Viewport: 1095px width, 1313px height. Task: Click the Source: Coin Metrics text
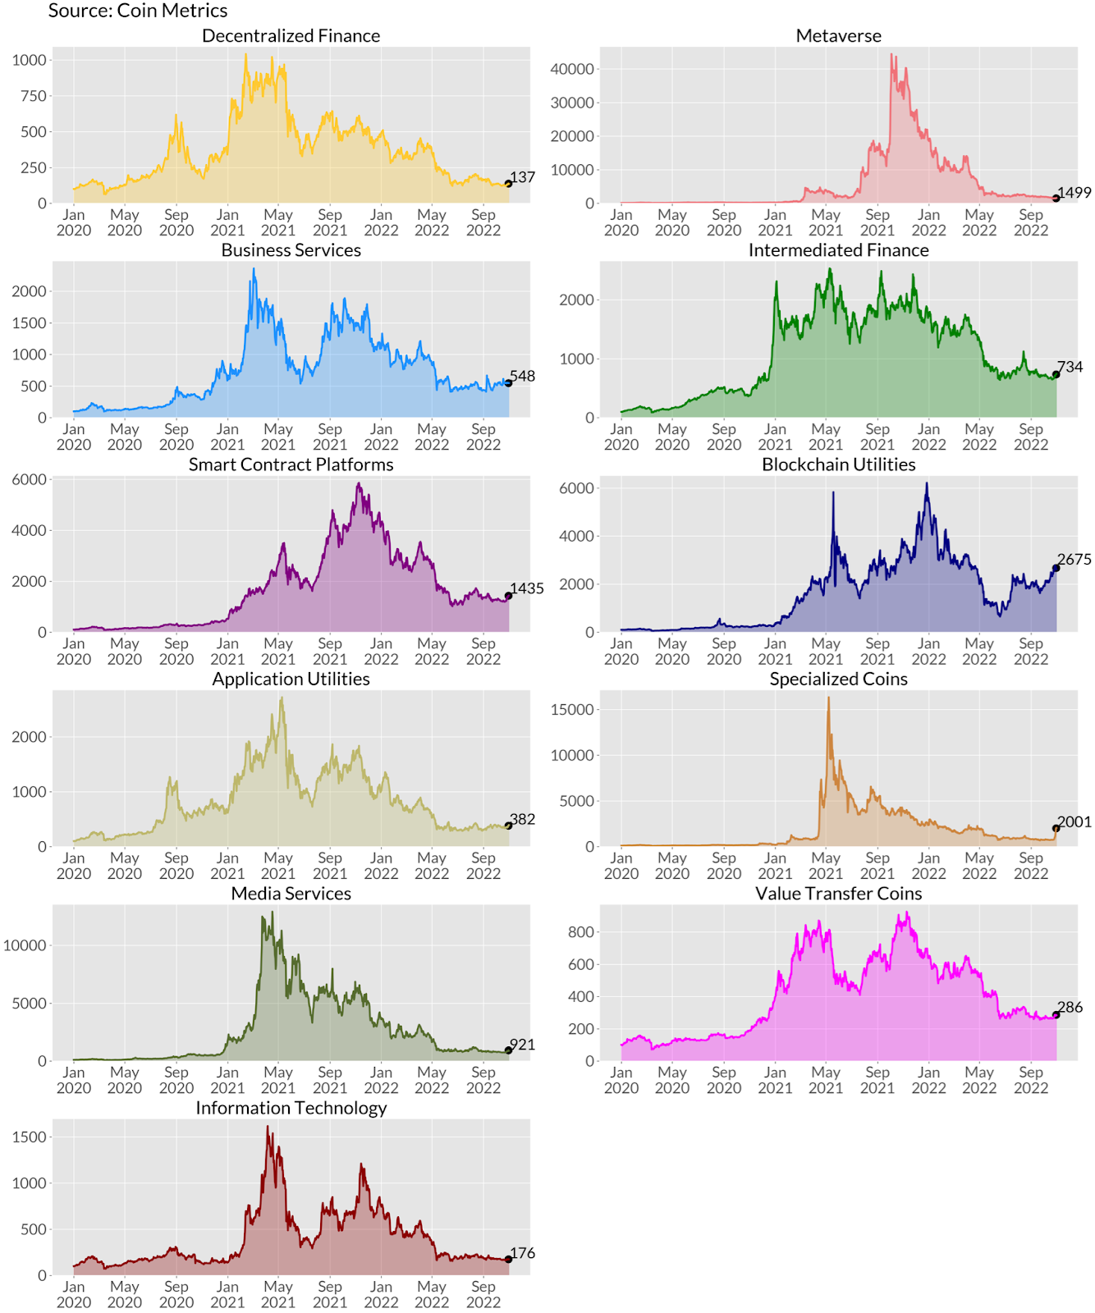coord(138,11)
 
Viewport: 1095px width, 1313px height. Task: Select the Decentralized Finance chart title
coord(291,36)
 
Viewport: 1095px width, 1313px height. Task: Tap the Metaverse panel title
coord(838,36)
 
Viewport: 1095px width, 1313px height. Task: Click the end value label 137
coord(523,177)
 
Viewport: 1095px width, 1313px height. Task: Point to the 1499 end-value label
coord(1074,193)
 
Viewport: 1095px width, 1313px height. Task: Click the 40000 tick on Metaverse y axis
coord(572,69)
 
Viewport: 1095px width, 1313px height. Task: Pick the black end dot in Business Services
coord(509,383)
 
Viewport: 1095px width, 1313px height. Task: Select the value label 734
coord(1070,367)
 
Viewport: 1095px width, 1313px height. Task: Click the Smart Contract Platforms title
coord(291,464)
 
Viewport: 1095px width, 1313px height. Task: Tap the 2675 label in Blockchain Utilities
coord(1074,560)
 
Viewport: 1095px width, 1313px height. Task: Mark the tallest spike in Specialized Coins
coord(828,699)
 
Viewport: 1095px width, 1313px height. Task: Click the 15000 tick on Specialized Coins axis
coord(572,710)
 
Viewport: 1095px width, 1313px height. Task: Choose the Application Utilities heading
coord(291,679)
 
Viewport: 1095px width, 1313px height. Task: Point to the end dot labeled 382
coord(509,826)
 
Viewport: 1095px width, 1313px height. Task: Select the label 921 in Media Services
coord(523,1045)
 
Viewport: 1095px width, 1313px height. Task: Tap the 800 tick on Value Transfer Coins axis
coord(581,932)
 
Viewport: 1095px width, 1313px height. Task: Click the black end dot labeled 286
coord(1056,1015)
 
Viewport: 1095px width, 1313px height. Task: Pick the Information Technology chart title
coord(291,1109)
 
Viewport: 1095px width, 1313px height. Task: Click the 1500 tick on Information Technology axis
coord(30,1137)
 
